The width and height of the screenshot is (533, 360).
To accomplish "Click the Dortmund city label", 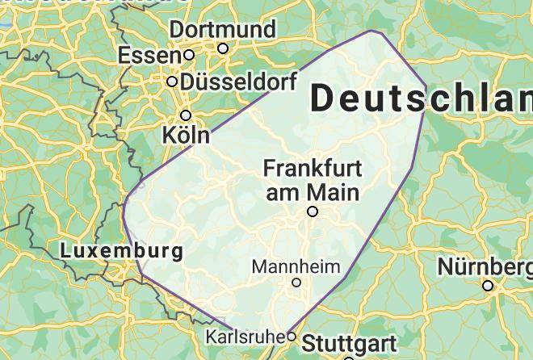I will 222,30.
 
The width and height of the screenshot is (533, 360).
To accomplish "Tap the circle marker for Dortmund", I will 223,48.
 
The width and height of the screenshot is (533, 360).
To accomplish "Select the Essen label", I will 149,56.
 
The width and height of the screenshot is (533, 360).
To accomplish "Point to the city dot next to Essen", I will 188,55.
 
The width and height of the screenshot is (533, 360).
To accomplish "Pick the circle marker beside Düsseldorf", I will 172,82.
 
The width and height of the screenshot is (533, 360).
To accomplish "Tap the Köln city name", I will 186,134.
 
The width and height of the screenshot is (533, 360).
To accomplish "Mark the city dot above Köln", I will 186,115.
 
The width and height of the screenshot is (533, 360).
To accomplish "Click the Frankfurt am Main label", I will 313,180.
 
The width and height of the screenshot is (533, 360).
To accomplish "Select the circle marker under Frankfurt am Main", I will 313,211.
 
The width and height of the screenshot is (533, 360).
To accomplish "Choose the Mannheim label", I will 296,266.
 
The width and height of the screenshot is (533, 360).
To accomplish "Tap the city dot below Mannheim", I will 296,283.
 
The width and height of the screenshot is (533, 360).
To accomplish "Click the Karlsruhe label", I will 246,336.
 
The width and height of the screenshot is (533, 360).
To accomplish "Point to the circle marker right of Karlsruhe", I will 292,336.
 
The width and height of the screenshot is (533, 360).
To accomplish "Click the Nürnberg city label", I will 485,266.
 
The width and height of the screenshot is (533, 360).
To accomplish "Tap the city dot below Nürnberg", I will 488,285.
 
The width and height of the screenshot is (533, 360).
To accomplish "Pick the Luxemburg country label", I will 121,251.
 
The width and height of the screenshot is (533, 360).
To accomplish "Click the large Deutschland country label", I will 420,98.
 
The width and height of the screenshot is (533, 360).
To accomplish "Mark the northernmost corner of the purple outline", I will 372,31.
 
